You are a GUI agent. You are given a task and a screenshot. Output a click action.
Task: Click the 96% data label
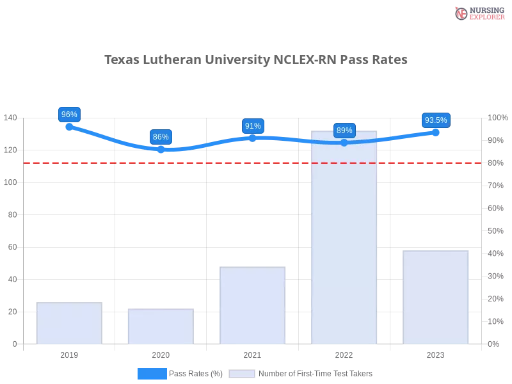coord(68,115)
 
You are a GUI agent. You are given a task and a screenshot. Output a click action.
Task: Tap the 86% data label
coord(161,137)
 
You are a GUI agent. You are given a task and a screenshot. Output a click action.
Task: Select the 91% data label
coord(253,126)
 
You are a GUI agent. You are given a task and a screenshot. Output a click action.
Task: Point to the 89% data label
coord(344,131)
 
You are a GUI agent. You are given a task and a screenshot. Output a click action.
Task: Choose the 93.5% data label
coord(436,120)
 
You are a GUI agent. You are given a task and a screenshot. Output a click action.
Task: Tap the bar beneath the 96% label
coord(69,324)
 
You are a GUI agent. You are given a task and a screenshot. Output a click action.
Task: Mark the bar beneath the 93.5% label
coord(435,297)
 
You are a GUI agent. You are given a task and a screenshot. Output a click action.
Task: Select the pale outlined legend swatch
coord(242,374)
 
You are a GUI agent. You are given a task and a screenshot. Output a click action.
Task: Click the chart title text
coord(255,60)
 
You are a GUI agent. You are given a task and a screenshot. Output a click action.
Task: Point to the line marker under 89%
coord(344,143)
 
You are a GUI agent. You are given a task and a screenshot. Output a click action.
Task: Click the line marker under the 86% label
coord(161,149)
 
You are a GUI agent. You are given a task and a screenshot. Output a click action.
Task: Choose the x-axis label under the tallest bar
coord(343,354)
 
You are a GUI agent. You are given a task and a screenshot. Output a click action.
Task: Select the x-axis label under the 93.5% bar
coord(435,354)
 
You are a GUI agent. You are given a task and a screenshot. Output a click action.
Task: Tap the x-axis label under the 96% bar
coord(69,354)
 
